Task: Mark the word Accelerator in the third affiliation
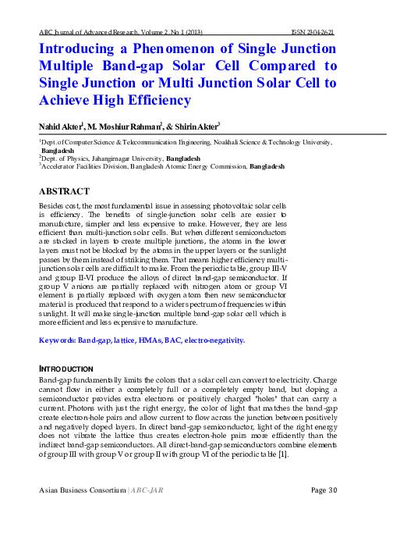pyautogui.click(x=63, y=166)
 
